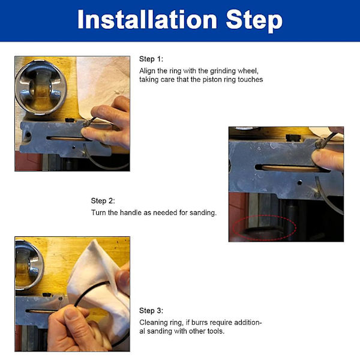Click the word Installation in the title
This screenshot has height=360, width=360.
pyautogui.click(x=147, y=19)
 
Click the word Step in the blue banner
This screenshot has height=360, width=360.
pyautogui.click(x=254, y=20)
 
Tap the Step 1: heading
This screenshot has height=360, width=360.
pyautogui.click(x=151, y=59)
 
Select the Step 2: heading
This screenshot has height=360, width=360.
pyautogui.click(x=103, y=201)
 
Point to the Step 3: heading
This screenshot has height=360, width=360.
pyautogui.click(x=151, y=311)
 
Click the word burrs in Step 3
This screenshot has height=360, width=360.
pyautogui.click(x=200, y=323)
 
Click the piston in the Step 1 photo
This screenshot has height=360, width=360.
pyautogui.click(x=41, y=87)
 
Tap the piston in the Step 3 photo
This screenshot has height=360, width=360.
pyautogui.click(x=29, y=265)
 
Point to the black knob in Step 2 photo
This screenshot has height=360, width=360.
pyautogui.click(x=293, y=137)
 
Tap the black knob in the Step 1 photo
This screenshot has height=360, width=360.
pyautogui.click(x=70, y=120)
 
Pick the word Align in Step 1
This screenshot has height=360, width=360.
pyautogui.click(x=147, y=71)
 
